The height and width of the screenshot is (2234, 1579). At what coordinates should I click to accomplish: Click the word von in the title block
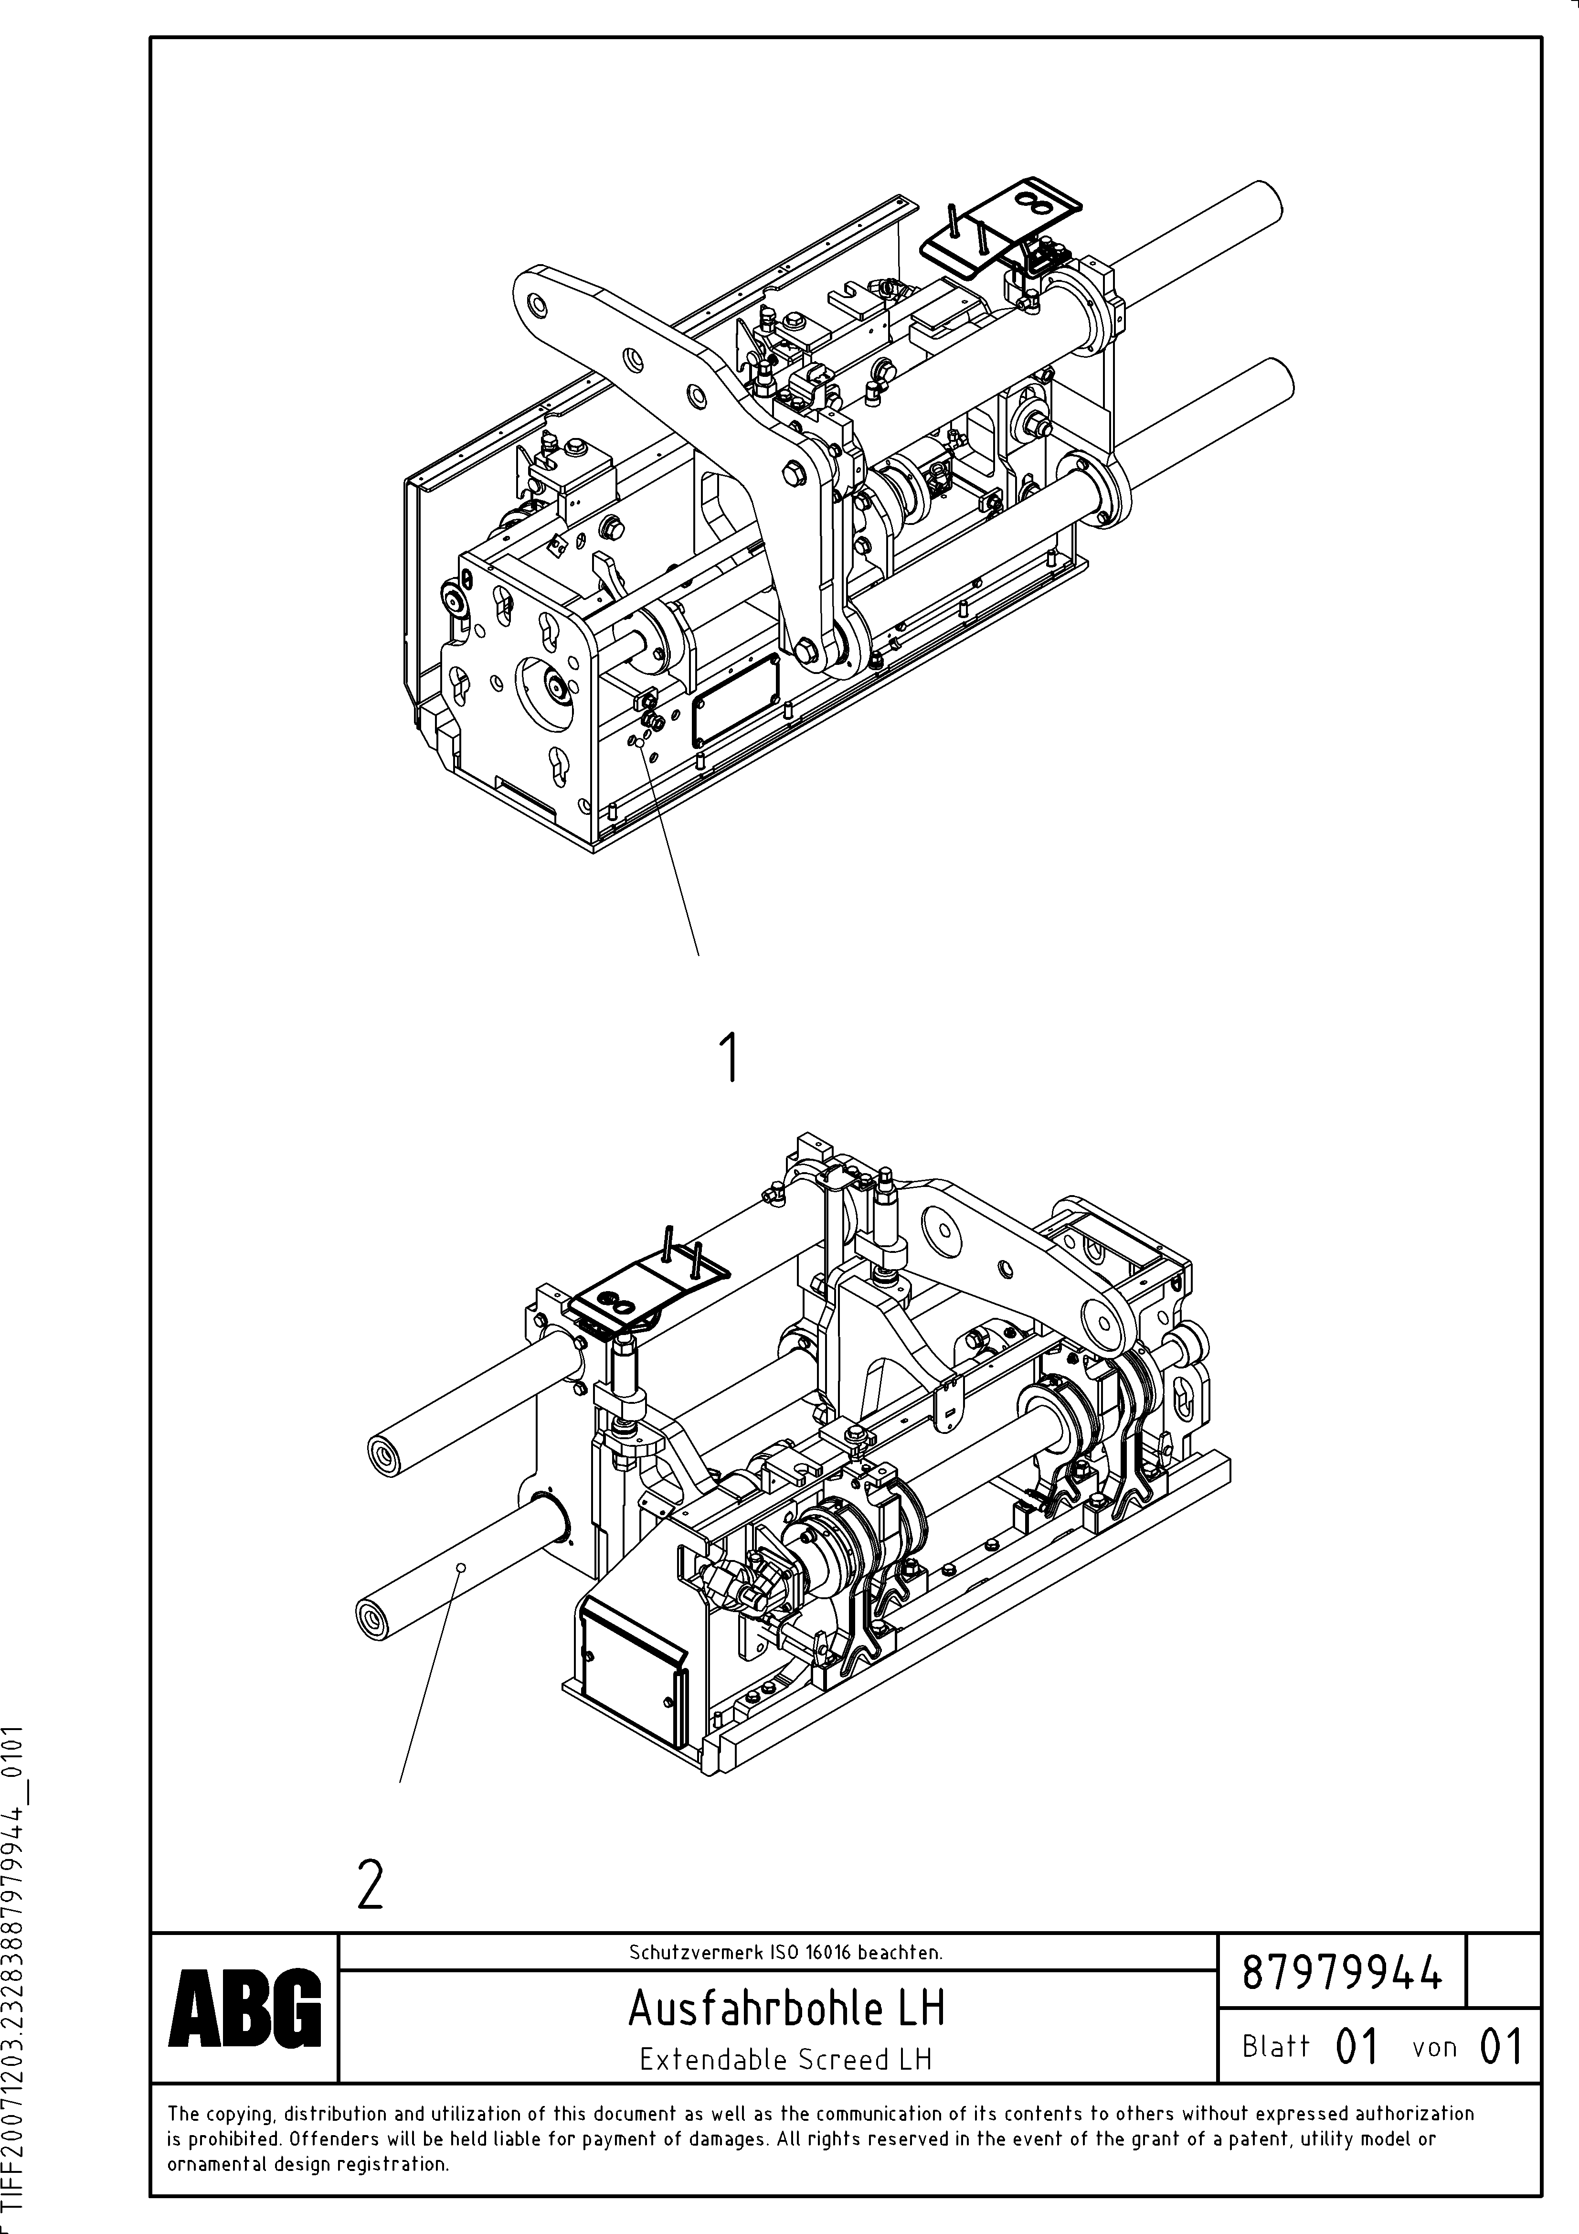point(1434,2047)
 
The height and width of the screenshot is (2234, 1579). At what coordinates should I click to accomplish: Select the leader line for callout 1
point(671,856)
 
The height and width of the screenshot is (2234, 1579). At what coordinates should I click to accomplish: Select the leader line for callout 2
point(431,1676)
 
